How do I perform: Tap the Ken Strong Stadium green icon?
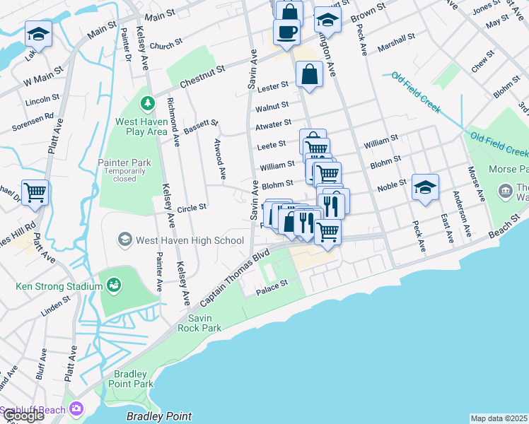click(113, 285)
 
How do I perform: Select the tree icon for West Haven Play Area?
click(147, 104)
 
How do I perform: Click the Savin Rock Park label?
click(199, 323)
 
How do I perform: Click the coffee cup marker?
click(286, 32)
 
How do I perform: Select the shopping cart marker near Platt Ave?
click(35, 192)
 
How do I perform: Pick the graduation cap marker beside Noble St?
click(425, 187)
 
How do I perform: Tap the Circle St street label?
click(191, 208)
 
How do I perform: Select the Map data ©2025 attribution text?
click(499, 418)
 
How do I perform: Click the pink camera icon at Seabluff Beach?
click(76, 409)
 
